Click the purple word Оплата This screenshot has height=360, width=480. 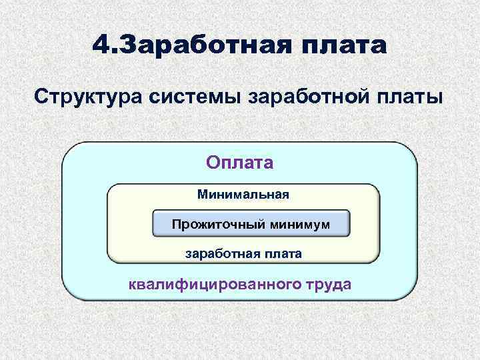(x=240, y=163)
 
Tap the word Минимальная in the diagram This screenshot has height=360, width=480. (x=243, y=195)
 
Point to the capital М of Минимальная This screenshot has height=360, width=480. (x=202, y=195)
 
